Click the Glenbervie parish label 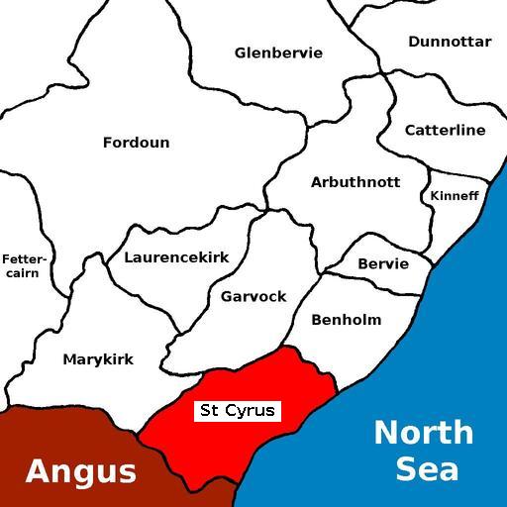278,52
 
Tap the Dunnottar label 449,42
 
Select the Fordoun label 136,143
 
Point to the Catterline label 445,130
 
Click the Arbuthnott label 355,182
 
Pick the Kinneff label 454,196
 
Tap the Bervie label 382,264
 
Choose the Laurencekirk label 176,257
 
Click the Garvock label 253,296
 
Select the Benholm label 346,320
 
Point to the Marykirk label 98,359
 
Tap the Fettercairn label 23,265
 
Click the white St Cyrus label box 238,410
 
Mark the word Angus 80,471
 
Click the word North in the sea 423,433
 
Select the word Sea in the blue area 427,467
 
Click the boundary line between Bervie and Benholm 376,287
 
